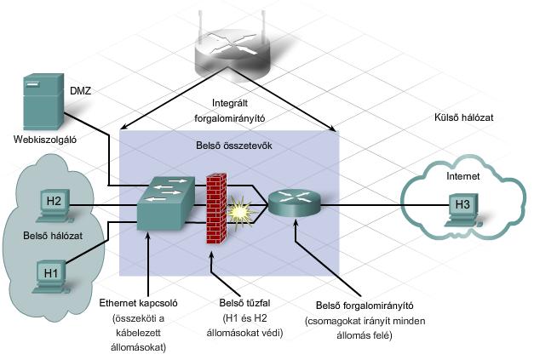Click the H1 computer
click(x=51, y=277)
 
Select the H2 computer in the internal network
click(x=54, y=205)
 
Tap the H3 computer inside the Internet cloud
click(x=462, y=209)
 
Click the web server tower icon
click(x=43, y=101)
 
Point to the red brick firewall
click(x=216, y=209)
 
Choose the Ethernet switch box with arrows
click(x=166, y=203)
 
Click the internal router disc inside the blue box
click(x=294, y=203)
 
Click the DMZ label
click(x=80, y=91)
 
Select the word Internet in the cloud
click(x=462, y=176)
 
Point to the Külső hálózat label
click(x=464, y=117)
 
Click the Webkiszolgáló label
click(x=44, y=140)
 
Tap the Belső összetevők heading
click(x=234, y=146)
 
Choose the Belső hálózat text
click(x=53, y=236)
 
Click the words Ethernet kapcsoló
click(x=138, y=303)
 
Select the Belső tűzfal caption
click(x=244, y=302)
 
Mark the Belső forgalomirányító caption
click(x=365, y=306)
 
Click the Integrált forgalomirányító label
click(x=230, y=111)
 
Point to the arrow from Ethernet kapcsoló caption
click(x=148, y=265)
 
